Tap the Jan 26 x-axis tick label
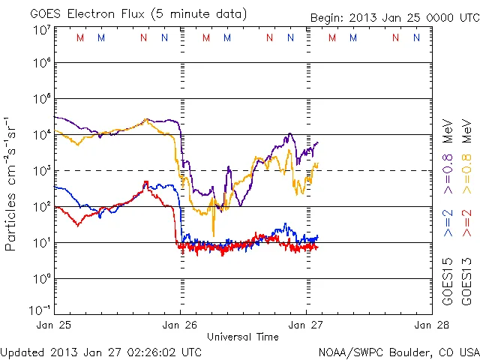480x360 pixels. click(x=180, y=325)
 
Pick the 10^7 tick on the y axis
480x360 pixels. click(x=40, y=29)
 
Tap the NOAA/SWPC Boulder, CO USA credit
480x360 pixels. click(x=398, y=351)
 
